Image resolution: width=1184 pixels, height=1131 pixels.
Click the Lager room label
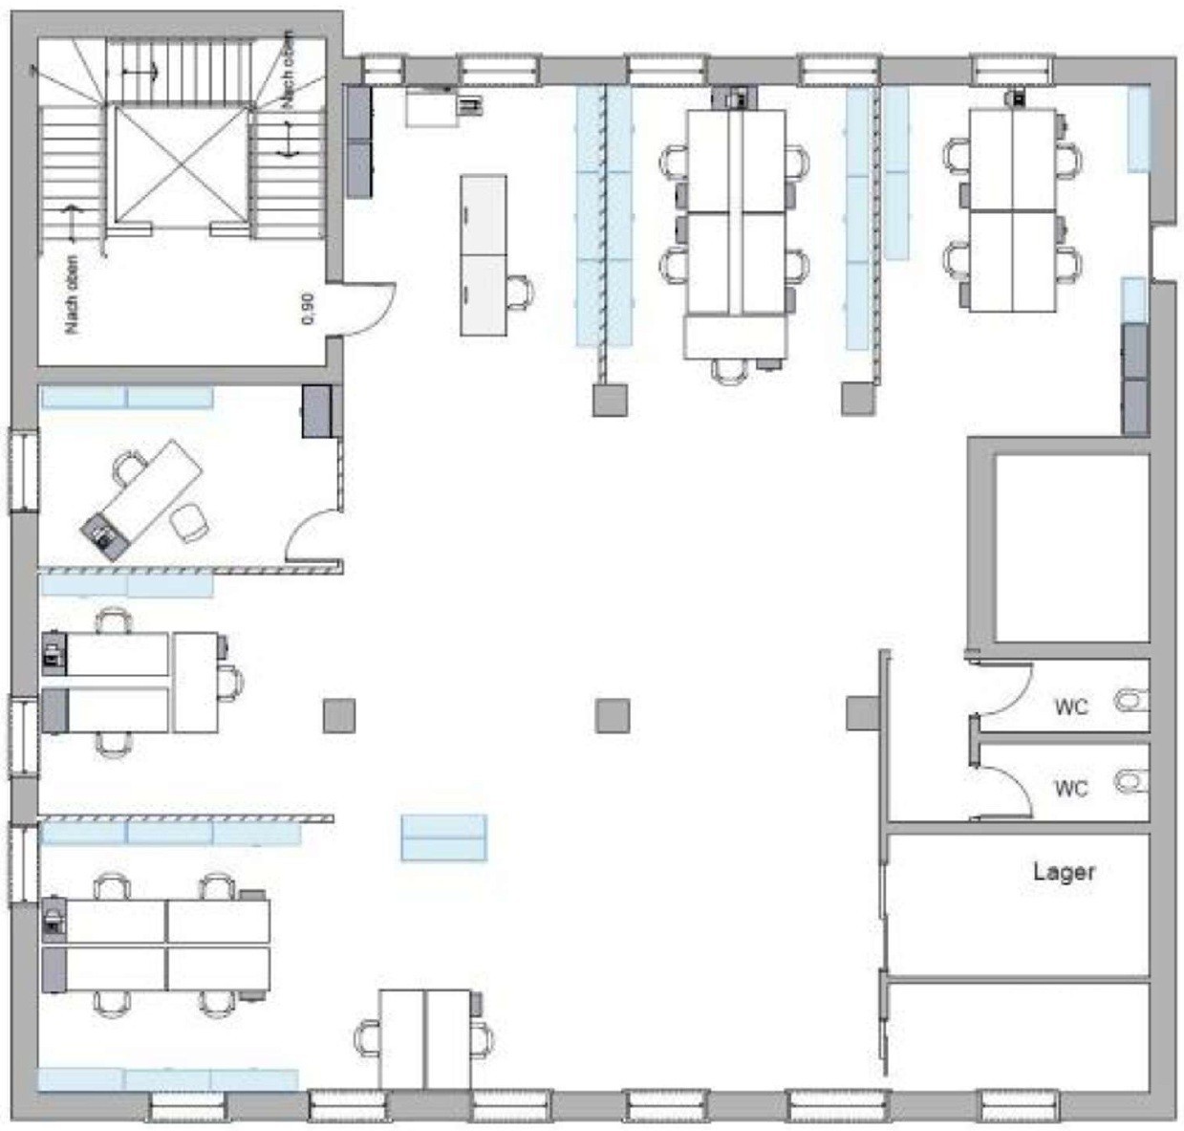pyautogui.click(x=1063, y=873)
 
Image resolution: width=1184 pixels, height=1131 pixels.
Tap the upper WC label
pyautogui.click(x=1071, y=707)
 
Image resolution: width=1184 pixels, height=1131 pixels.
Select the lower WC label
pyautogui.click(x=1071, y=789)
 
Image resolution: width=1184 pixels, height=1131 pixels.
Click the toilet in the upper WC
pyautogui.click(x=1131, y=701)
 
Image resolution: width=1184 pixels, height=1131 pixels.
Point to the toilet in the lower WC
pyautogui.click(x=1131, y=780)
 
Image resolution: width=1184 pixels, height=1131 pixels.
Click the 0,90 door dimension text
pyautogui.click(x=309, y=309)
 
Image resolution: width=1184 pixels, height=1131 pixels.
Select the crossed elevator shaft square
pyautogui.click(x=182, y=164)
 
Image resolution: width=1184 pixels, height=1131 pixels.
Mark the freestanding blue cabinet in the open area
pyautogui.click(x=444, y=837)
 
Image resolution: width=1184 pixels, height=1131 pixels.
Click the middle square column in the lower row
pyautogui.click(x=613, y=715)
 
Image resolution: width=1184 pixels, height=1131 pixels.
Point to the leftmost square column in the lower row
pyautogui.click(x=339, y=715)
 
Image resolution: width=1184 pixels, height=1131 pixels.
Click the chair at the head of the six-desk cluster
pyautogui.click(x=729, y=370)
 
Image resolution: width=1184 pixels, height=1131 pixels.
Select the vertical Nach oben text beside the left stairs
pyautogui.click(x=73, y=294)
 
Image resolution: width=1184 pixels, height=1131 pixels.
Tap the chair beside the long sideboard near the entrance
pyautogui.click(x=519, y=292)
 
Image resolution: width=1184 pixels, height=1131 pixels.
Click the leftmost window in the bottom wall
pyautogui.click(x=186, y=1105)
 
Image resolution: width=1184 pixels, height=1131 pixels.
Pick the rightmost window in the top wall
pyautogui.click(x=1011, y=70)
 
